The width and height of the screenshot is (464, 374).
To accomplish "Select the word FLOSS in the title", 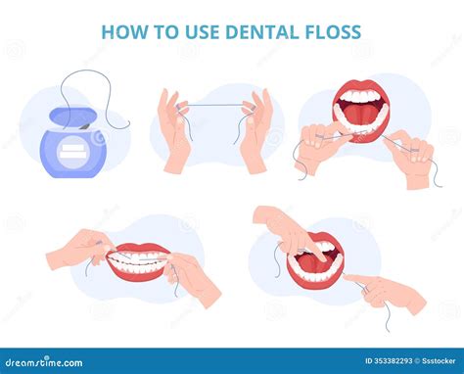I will pos(328,31).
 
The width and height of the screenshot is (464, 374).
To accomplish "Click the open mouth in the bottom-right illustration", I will pos(317,257).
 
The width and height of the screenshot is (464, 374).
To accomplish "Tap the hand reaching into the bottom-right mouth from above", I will pos(286,230).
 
